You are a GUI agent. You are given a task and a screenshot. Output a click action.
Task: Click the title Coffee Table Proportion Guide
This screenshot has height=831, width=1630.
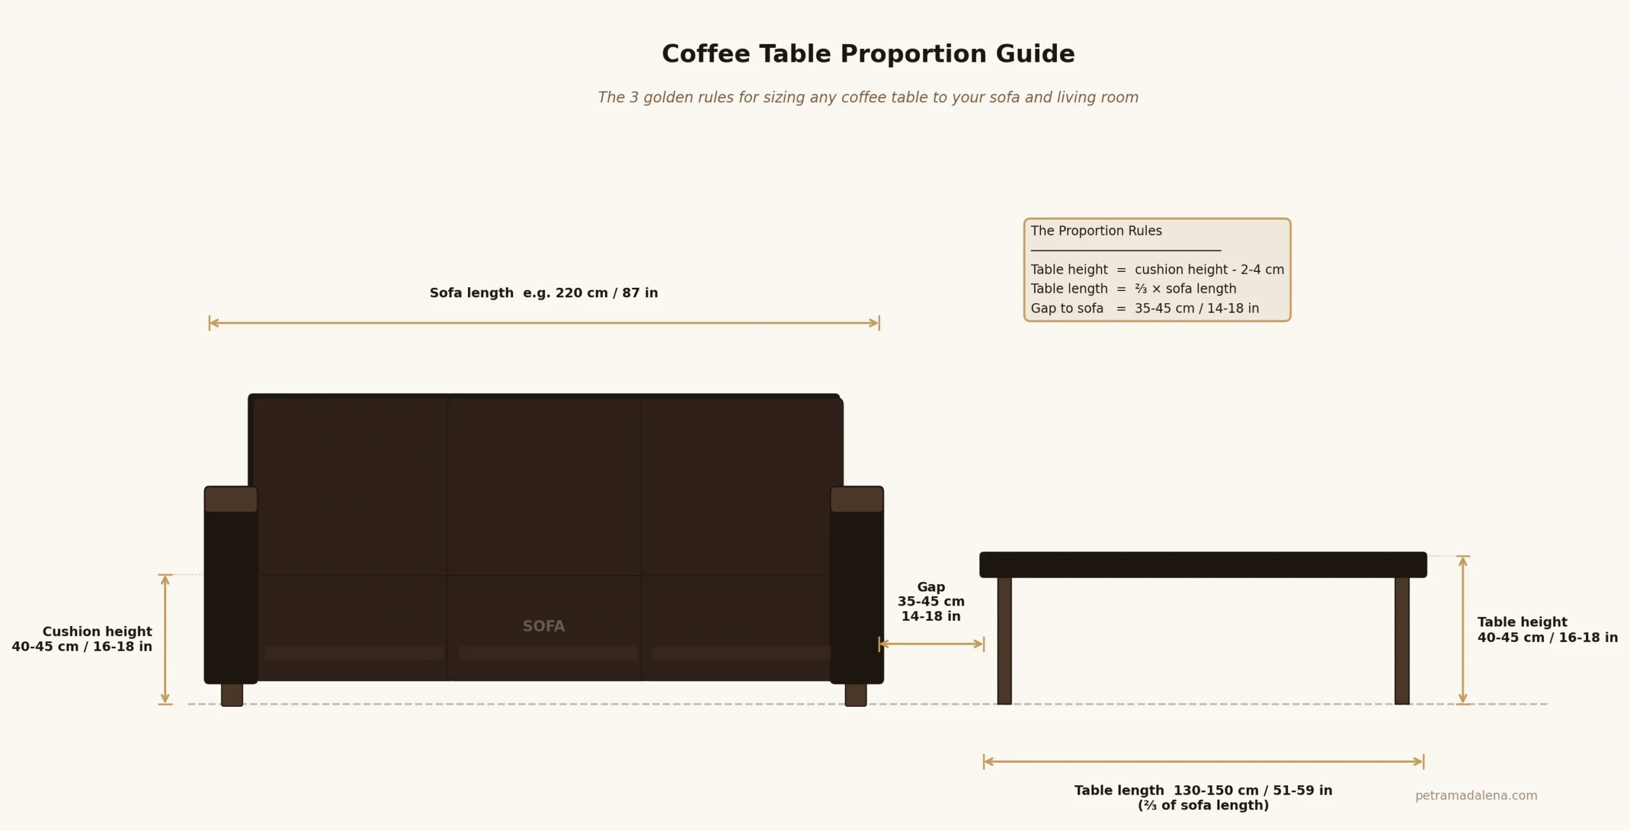coord(868,54)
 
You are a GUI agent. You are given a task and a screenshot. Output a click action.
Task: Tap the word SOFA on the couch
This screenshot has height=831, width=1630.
coord(543,626)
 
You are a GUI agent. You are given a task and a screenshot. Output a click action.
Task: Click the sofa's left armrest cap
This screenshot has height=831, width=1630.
coord(230,500)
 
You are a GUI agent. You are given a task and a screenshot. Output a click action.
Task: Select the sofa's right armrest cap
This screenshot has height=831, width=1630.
coord(856,500)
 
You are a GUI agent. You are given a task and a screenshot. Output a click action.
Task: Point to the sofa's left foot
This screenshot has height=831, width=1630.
coord(232,694)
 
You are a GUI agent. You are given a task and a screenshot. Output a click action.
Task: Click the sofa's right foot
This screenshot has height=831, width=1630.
coord(856,694)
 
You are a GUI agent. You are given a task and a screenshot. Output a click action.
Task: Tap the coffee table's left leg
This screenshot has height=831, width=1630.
coord(1004,640)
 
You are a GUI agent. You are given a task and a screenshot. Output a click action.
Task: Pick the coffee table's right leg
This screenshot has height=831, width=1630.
coord(1401,640)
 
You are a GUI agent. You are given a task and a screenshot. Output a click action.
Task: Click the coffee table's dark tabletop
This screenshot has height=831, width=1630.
coord(1203,565)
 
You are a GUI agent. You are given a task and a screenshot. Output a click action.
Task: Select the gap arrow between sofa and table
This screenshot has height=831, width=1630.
coord(931,644)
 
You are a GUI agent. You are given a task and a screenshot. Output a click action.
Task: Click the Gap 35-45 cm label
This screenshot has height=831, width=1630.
coord(931,601)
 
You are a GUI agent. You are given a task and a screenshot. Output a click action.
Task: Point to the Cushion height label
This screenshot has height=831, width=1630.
coord(83,639)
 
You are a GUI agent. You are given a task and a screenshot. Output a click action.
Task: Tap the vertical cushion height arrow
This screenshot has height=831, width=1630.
coord(165,639)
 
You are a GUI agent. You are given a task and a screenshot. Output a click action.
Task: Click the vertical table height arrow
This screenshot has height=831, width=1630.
coord(1463,630)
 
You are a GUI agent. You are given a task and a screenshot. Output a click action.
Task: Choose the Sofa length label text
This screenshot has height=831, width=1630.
coord(543,293)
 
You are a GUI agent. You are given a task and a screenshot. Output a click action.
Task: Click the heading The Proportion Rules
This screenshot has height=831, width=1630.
coord(1096,231)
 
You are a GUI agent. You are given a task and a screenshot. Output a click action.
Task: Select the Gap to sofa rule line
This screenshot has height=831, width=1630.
coord(1144,308)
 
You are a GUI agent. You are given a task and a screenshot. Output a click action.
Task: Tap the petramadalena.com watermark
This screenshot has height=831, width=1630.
coord(1476,795)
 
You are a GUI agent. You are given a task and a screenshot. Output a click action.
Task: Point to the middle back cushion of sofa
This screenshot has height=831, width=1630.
coord(544,487)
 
